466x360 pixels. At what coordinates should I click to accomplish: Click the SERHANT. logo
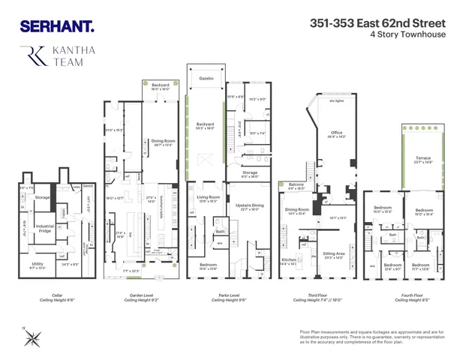(57, 26)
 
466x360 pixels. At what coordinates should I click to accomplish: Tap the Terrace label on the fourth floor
(423, 158)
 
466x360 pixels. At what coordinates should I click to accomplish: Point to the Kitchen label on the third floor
(288, 261)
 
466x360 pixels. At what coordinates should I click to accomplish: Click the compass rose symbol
(32, 338)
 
